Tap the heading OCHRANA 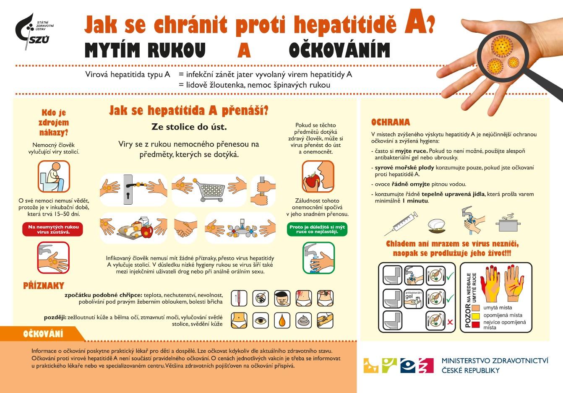coord(390,122)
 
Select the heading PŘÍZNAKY coord(44,286)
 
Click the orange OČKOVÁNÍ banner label coord(43,334)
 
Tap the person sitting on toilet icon coord(54,177)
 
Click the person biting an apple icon coord(318,177)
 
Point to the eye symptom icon coord(261,321)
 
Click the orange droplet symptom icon coord(282,321)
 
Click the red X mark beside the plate coord(450,322)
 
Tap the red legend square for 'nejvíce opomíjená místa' coord(475,324)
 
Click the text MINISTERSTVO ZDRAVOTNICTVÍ coord(495,361)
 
